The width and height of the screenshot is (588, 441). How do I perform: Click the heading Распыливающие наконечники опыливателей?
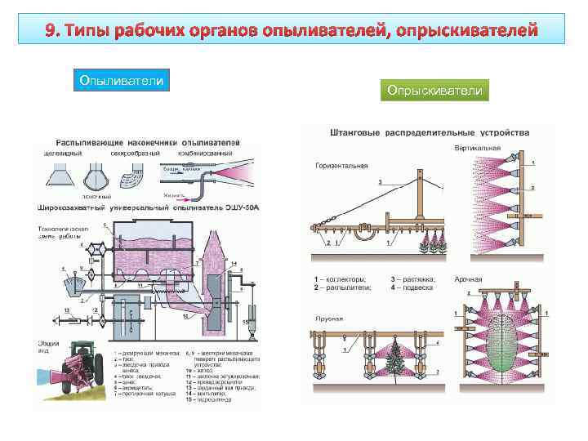[x=148, y=140]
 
